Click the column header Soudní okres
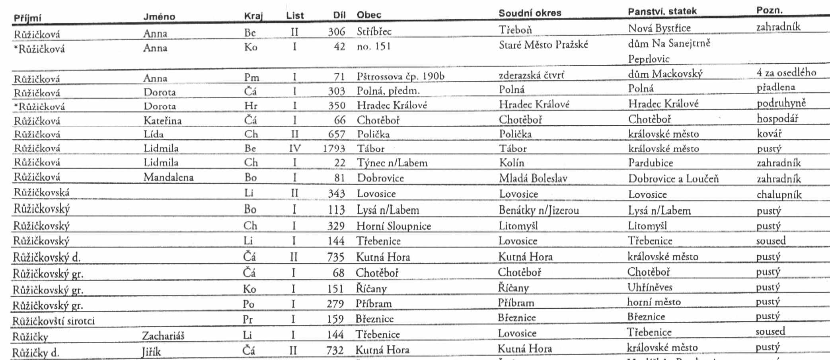tap(530, 13)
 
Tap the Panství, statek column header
tap(662, 11)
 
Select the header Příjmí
tap(27, 18)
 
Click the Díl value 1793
tap(334, 148)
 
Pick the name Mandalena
tap(168, 177)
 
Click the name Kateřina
tap(162, 120)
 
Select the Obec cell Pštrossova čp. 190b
tap(400, 76)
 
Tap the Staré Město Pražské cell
tap(543, 45)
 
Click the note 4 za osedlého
tap(786, 72)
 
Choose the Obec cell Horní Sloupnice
tap(394, 226)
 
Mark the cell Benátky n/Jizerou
tap(539, 210)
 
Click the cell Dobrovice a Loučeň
tap(673, 179)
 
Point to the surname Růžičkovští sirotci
tap(53, 321)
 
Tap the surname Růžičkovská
tap(41, 193)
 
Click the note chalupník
tap(779, 195)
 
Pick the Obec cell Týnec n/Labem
tap(392, 163)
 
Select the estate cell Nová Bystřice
tap(659, 28)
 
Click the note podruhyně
tap(781, 103)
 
